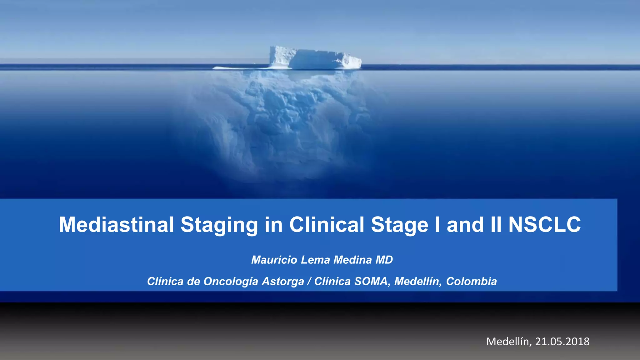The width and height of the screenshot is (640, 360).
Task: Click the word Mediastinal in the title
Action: click(x=116, y=225)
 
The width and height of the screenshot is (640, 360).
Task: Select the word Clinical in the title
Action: click(x=327, y=225)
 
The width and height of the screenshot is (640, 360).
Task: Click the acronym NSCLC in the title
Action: click(x=544, y=225)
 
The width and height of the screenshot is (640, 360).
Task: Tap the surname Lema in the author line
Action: click(x=316, y=260)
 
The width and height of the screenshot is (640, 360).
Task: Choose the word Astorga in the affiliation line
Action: click(x=283, y=282)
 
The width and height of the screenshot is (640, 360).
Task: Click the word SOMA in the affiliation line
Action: click(x=372, y=281)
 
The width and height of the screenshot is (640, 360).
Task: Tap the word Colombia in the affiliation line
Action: click(x=471, y=281)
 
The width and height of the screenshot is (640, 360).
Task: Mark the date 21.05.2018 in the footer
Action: click(x=562, y=342)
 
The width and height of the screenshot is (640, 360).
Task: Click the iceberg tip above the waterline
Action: click(x=316, y=58)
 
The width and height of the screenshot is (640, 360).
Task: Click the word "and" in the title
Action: click(x=465, y=225)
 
